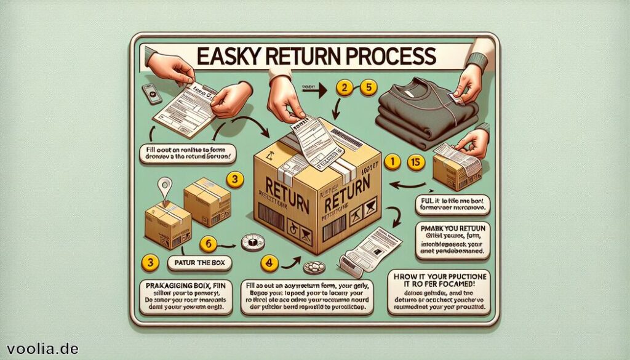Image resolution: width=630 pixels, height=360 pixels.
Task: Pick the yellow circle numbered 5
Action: pos(369,88)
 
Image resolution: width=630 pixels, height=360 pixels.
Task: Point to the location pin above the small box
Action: pos(164,185)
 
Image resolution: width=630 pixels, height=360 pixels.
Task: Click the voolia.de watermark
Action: pos(40,348)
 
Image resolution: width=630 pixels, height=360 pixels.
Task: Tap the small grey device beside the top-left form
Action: pos(151,92)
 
